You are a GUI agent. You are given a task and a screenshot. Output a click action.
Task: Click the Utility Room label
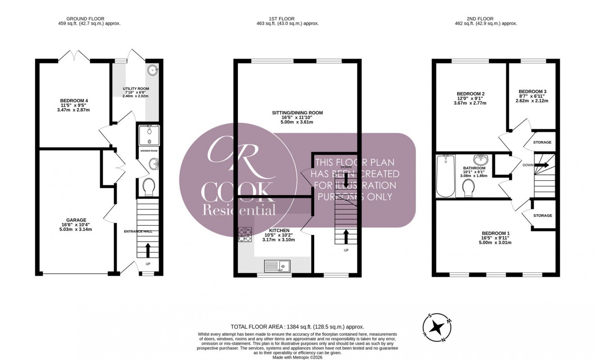(x=136, y=89)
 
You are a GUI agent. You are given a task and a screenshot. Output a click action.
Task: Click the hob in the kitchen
(x=244, y=235)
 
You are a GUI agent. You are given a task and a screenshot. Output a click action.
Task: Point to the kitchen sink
(x=278, y=267)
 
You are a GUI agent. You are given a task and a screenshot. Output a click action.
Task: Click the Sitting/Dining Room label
(x=297, y=113)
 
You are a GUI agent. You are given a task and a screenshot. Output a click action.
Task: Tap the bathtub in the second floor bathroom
(x=446, y=177)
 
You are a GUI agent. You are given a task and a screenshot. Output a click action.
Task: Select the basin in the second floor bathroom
(x=479, y=160)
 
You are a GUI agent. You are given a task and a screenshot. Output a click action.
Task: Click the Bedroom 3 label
(x=532, y=91)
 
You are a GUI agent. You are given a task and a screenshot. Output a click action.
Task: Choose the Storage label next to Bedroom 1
(x=542, y=216)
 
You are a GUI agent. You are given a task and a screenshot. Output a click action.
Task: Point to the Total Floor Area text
(x=297, y=327)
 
